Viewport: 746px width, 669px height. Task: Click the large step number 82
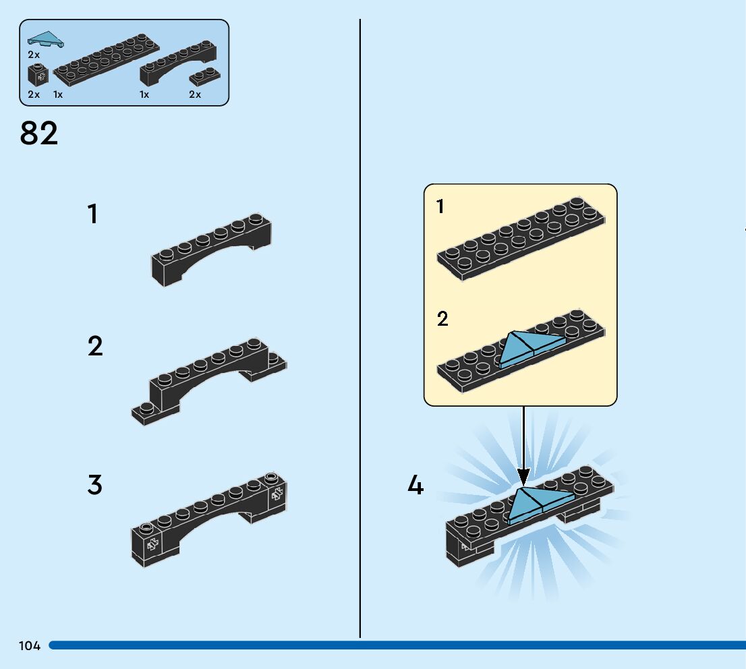(39, 134)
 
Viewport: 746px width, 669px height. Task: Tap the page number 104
(30, 646)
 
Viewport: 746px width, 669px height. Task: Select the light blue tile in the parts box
(45, 40)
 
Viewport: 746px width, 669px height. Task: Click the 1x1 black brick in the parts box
(38, 75)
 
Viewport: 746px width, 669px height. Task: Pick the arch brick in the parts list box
(178, 62)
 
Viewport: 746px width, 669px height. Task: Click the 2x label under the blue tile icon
(34, 54)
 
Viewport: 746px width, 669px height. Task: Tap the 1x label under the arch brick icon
(144, 94)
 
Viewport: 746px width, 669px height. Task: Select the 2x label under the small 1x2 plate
(195, 94)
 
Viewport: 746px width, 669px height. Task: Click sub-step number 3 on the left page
(94, 486)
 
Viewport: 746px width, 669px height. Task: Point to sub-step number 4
(415, 486)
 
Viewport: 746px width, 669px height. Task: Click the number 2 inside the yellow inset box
(442, 319)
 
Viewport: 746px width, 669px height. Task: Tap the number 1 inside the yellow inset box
(440, 207)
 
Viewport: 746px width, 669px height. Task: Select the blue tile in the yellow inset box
(529, 349)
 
